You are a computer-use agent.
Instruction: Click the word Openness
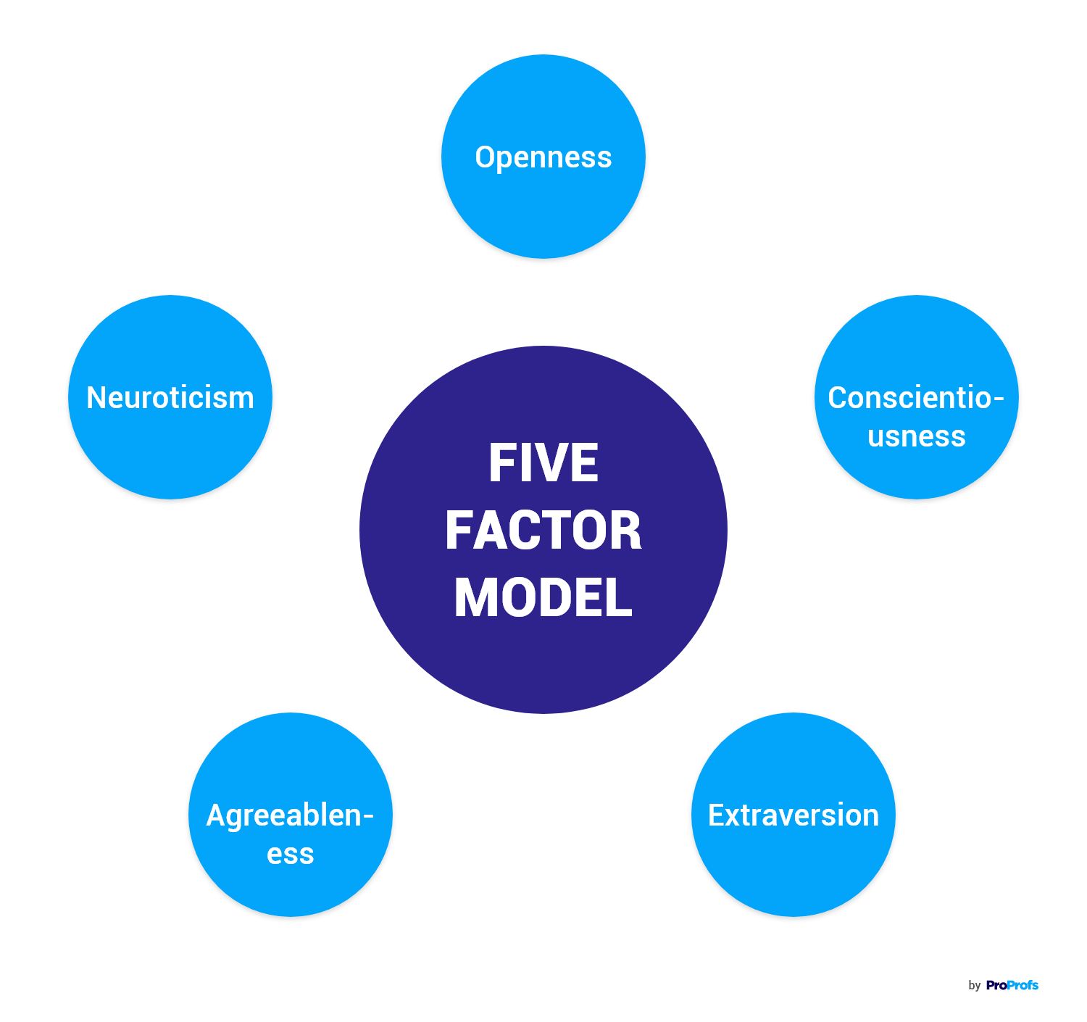click(543, 157)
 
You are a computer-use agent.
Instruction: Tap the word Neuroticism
click(170, 398)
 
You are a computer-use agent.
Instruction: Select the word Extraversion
click(794, 815)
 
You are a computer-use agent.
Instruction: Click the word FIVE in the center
click(543, 463)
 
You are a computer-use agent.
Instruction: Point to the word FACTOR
click(543, 531)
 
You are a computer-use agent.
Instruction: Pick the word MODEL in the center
click(543, 598)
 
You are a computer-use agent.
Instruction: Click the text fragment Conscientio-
click(916, 398)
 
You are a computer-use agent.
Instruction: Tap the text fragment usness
click(917, 436)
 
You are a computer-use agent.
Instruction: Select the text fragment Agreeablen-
click(290, 815)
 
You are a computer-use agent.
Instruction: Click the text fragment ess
click(290, 854)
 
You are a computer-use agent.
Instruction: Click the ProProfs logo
click(1012, 985)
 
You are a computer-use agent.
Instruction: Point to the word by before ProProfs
click(974, 986)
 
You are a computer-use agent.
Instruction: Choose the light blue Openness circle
click(543, 210)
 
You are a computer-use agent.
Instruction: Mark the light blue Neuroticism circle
click(170, 449)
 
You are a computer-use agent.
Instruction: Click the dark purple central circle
click(543, 667)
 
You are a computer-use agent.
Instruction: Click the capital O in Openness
click(484, 157)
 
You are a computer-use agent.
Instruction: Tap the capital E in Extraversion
click(715, 815)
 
